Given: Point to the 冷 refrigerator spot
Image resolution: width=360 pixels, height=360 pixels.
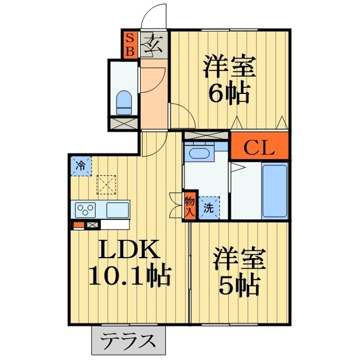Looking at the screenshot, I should [81, 166].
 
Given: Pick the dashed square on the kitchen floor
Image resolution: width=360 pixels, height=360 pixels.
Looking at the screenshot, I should [106, 183].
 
